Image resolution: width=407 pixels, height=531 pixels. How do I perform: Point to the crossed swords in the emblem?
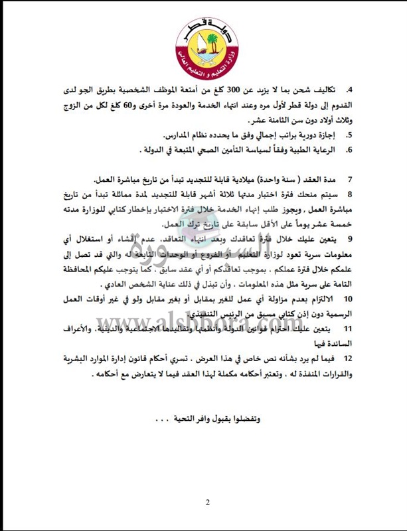(203, 57)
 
